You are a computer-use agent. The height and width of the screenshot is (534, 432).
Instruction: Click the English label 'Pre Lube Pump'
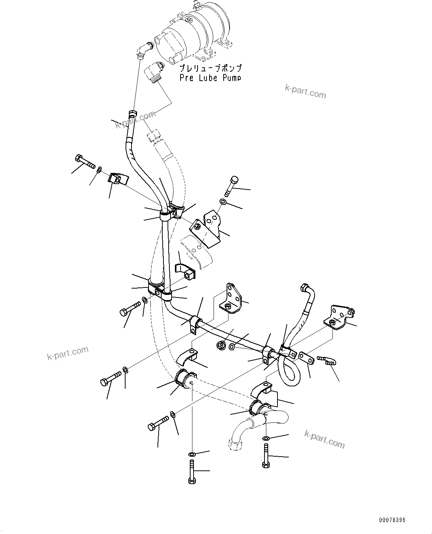(x=210, y=78)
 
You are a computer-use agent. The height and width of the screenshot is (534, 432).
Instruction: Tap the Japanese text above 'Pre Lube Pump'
(x=210, y=68)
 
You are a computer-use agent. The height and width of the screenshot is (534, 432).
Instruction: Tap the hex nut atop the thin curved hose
(x=132, y=113)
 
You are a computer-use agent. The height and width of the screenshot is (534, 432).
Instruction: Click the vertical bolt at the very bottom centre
(x=191, y=472)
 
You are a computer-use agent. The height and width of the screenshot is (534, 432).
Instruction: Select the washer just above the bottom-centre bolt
(x=191, y=454)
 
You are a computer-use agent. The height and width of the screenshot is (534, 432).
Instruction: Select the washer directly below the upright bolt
(x=223, y=202)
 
